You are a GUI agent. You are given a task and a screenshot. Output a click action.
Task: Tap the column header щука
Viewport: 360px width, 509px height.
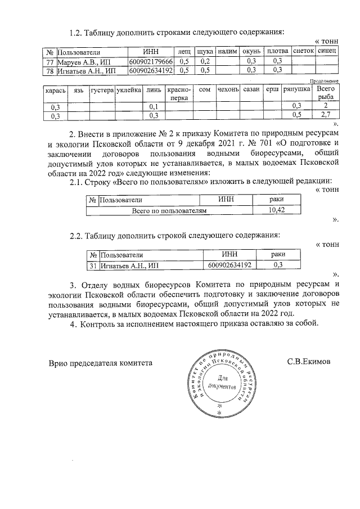point(205,52)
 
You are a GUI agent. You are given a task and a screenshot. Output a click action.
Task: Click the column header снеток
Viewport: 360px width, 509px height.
point(303,51)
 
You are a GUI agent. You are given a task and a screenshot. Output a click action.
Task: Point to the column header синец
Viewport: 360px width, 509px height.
point(327,51)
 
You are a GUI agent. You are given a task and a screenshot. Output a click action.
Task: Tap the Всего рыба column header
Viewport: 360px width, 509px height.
point(325,93)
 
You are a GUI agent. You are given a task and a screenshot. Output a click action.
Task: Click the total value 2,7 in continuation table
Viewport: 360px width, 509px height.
point(325,115)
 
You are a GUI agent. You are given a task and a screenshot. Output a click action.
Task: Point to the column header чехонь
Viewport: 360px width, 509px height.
point(231,90)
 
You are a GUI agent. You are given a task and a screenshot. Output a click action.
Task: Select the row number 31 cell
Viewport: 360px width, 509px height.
point(92,265)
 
